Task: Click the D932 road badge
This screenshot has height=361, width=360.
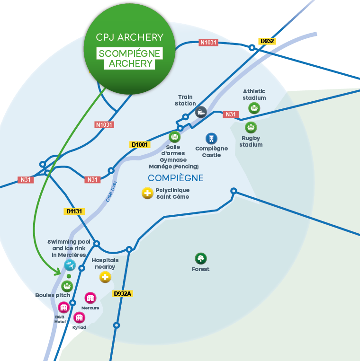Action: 267,41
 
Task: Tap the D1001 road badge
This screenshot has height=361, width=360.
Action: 140,144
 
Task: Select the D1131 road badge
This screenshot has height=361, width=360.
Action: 74,211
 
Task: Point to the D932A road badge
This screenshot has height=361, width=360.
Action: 122,294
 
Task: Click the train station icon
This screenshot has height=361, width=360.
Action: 201,112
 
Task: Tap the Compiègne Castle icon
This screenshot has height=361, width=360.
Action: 211,138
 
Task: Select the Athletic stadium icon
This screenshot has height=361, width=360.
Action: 254,108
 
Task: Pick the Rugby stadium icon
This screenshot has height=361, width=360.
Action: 251,127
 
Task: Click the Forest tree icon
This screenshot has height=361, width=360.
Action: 201,258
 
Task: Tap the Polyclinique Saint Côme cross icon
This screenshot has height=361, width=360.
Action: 148,193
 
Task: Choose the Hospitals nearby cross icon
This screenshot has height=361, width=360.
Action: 105,277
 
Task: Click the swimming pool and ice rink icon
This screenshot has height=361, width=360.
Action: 70,265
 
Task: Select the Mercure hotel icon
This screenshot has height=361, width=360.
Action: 90,298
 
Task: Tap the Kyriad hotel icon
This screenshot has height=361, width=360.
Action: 79,317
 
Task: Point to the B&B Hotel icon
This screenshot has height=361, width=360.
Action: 63,308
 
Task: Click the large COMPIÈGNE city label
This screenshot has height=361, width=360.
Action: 176,178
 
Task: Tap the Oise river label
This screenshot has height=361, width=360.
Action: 112,191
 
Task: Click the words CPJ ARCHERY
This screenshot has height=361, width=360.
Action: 129,37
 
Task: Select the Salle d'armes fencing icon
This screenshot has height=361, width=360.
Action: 175,137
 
